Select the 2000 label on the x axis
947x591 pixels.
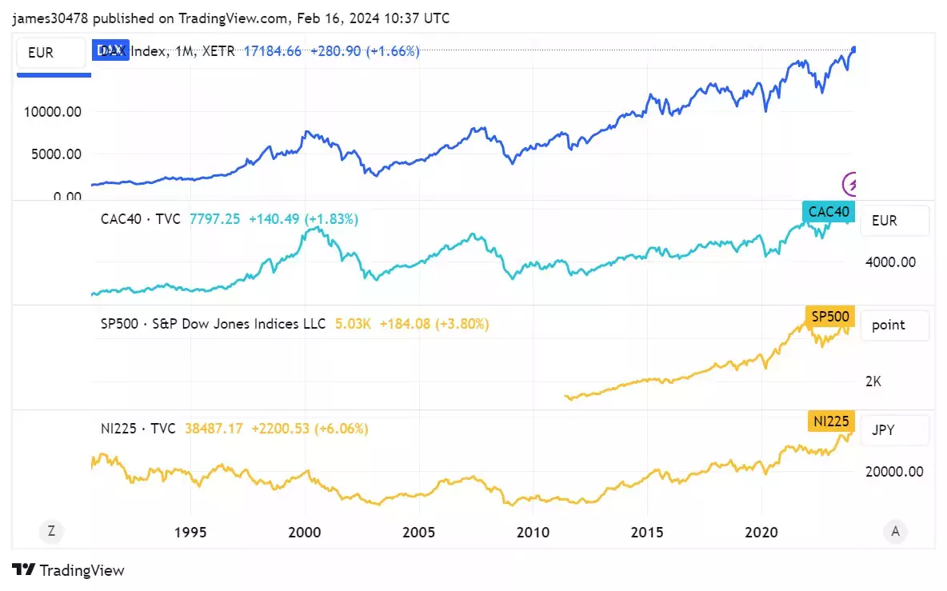coord(305,533)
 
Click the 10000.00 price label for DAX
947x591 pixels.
coord(53,112)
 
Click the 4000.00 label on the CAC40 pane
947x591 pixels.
coord(890,262)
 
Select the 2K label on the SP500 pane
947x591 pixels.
coord(873,381)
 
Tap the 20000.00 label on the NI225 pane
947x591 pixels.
coord(894,472)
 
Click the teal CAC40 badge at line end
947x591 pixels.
coord(829,212)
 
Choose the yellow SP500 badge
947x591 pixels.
coord(830,317)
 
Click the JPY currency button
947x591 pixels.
coord(895,430)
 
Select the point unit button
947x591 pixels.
coord(895,325)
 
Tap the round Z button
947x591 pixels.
coord(51,530)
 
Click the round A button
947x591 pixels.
coord(895,530)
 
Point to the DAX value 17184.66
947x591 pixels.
coord(273,51)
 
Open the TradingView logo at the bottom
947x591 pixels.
coord(69,570)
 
